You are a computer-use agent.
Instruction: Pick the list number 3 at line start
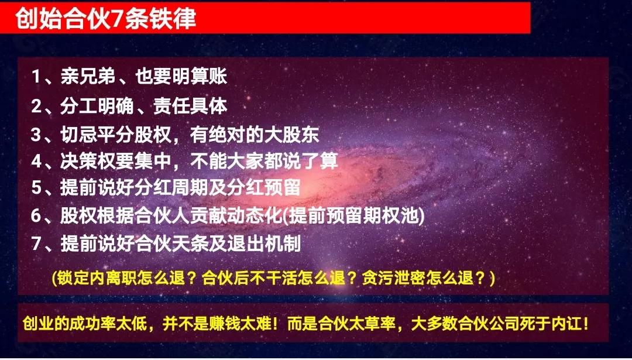pyautogui.click(x=37, y=135)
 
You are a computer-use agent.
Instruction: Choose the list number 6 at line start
pyautogui.click(x=37, y=215)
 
